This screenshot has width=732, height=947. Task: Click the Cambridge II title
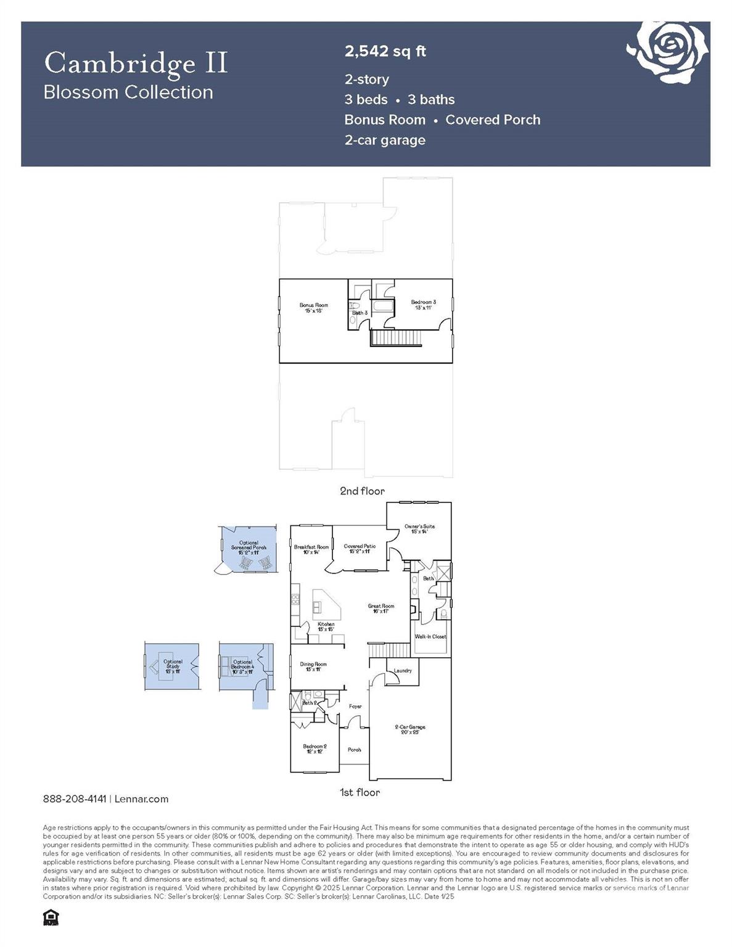136,64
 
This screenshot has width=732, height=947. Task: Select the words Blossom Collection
128,92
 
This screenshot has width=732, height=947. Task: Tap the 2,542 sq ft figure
385,51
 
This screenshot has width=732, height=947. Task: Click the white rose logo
668,51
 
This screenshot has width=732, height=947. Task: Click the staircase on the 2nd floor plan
395,338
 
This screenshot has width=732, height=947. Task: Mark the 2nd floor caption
362,491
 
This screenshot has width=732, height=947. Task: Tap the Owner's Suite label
419,528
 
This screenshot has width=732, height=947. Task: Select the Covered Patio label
360,548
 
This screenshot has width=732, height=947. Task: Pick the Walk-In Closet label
430,636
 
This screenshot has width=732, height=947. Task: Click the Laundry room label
402,670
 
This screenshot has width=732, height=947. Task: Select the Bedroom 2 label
315,748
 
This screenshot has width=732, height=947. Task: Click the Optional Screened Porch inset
248,550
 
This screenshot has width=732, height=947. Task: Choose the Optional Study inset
172,666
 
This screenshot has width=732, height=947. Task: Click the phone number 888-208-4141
75,799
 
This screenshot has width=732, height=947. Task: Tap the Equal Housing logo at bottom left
51,917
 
